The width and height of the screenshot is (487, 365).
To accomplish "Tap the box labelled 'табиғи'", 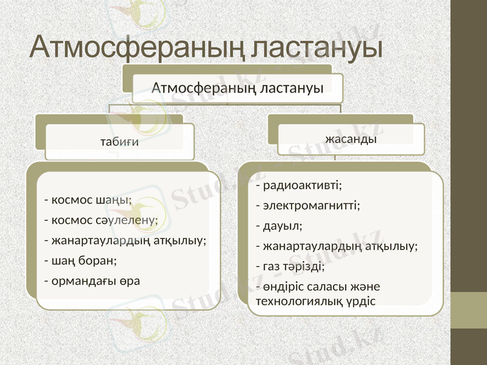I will [x=119, y=142].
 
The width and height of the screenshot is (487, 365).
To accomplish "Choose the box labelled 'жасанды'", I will [x=351, y=139].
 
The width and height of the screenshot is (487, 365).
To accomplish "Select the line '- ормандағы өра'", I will [x=93, y=280].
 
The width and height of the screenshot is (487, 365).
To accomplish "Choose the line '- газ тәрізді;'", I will [x=291, y=266].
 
